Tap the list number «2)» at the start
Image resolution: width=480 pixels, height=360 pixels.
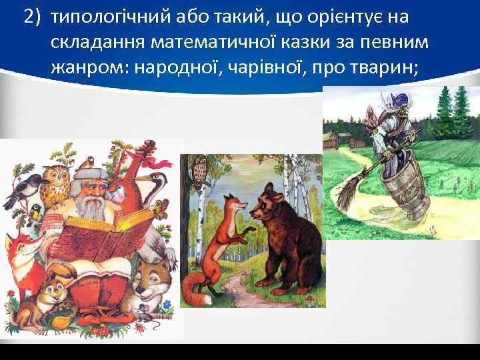pyautogui.click(x=33, y=17)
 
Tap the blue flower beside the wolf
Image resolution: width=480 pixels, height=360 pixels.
pyautogui.click(x=166, y=303)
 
